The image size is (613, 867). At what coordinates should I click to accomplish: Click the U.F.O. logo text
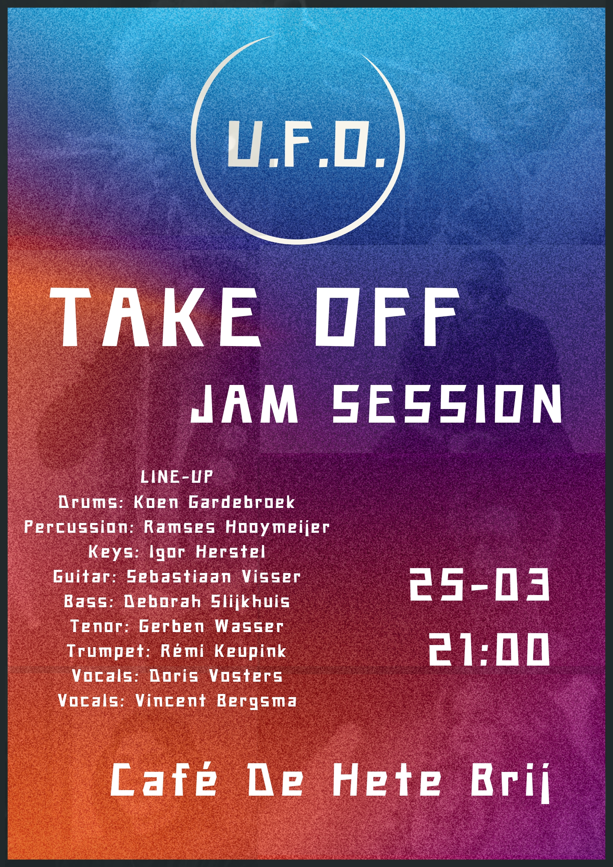(x=306, y=144)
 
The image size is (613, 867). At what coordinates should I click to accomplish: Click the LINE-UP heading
(x=177, y=477)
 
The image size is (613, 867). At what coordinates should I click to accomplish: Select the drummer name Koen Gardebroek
(x=214, y=502)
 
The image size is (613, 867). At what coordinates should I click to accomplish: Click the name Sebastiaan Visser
(x=213, y=576)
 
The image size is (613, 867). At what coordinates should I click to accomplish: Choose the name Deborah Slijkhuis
(x=207, y=601)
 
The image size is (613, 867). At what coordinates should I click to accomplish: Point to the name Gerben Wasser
(x=211, y=626)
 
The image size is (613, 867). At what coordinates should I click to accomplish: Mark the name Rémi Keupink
(x=224, y=651)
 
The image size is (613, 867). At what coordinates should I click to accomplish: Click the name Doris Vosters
(x=216, y=676)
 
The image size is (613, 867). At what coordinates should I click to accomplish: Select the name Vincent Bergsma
(x=216, y=701)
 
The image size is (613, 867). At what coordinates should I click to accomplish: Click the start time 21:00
(x=488, y=649)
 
